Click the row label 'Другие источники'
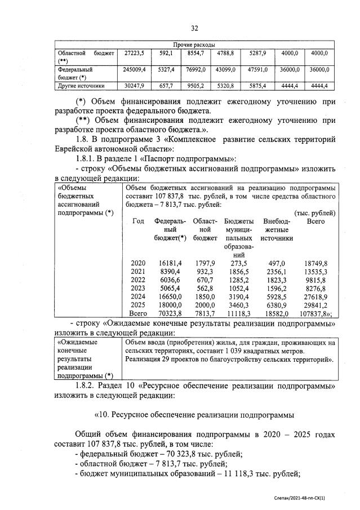coord(81,86)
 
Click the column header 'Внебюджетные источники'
coord(277,230)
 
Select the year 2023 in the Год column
coord(137,287)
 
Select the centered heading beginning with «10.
coord(194,415)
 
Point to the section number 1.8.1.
coord(88,159)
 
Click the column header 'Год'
coord(137,221)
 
